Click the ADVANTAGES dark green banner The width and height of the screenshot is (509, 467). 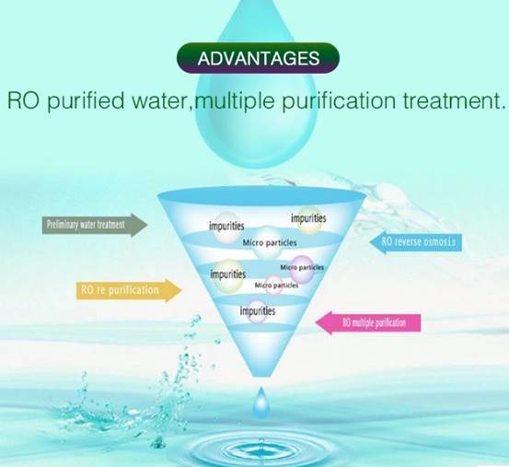258,58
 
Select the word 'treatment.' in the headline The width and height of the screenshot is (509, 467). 455,100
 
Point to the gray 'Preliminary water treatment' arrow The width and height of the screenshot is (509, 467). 95,225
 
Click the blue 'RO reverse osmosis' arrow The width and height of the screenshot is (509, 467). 416,242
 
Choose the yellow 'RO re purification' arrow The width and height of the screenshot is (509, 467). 129,290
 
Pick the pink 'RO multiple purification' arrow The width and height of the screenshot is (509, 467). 368,322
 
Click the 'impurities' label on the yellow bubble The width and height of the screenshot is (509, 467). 308,218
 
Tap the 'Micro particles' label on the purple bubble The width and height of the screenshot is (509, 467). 302,267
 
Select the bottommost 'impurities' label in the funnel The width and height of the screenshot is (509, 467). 258,311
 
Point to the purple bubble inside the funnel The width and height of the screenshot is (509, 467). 302,269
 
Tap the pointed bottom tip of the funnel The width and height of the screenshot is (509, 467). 261,377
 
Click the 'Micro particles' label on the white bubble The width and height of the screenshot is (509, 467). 270,242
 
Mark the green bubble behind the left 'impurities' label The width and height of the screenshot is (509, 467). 228,275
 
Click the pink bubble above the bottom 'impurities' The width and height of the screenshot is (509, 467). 273,286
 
